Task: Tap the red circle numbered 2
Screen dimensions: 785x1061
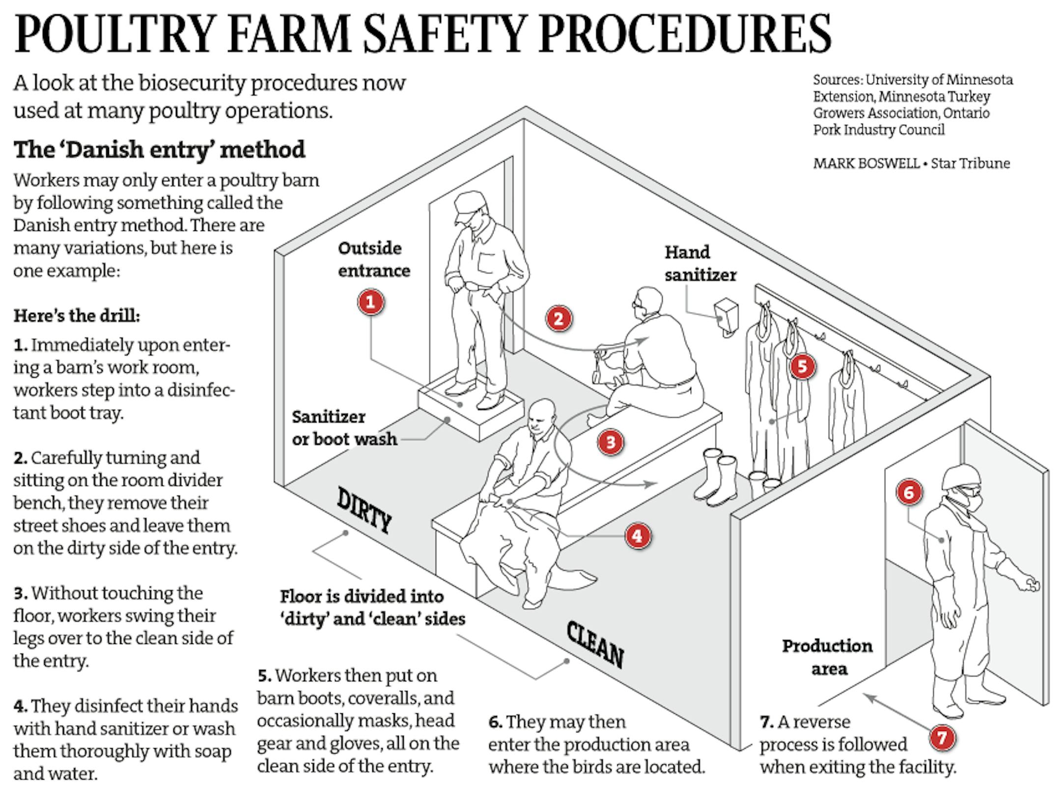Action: pos(558,318)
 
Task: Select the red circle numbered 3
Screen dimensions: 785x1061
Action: pos(611,442)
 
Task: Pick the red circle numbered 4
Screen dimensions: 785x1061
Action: pos(637,535)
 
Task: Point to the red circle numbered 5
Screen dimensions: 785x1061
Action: pos(802,366)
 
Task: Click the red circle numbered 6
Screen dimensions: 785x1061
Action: pos(908,492)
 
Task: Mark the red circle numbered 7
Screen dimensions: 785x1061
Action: pos(942,737)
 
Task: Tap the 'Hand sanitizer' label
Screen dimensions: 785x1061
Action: pos(700,263)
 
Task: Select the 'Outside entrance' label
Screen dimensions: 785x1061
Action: pos(374,259)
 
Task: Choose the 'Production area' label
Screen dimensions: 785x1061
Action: pos(827,657)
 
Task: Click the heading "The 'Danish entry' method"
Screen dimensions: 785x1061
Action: pos(159,149)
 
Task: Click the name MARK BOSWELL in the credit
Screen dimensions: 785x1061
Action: pos(866,163)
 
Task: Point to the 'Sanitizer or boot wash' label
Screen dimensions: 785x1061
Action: pos(344,427)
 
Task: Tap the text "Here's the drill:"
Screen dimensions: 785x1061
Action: pos(77,315)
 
